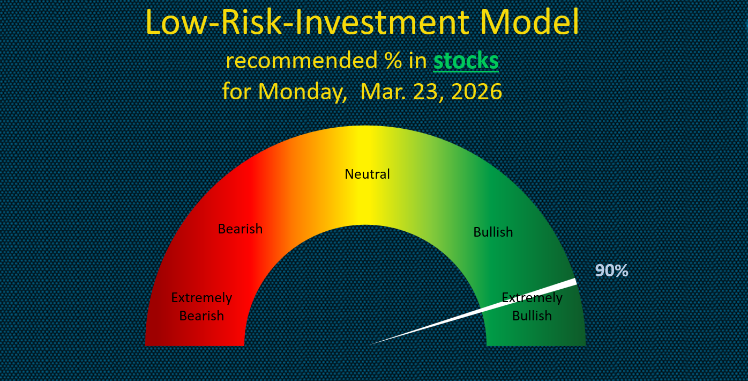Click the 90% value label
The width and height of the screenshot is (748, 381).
pyautogui.click(x=611, y=270)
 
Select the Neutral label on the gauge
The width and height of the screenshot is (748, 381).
pyautogui.click(x=367, y=174)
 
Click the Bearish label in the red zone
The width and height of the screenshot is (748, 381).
pyautogui.click(x=240, y=229)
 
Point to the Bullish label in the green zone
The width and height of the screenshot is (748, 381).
pyautogui.click(x=493, y=232)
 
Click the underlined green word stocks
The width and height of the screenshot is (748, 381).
pyautogui.click(x=466, y=61)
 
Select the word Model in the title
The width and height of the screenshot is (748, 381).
pyautogui.click(x=529, y=22)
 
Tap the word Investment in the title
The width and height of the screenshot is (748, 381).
pyautogui.click(x=383, y=22)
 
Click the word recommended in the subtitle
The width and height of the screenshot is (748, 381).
pyautogui.click(x=302, y=61)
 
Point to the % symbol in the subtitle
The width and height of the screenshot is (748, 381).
pyautogui.click(x=393, y=61)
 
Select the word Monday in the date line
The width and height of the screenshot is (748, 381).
pyautogui.click(x=303, y=91)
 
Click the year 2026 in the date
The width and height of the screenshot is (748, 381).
pyautogui.click(x=476, y=91)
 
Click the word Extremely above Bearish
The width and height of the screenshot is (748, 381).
pyautogui.click(x=201, y=298)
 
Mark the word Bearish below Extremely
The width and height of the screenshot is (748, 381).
pyautogui.click(x=201, y=316)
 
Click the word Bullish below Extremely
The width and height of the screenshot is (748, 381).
pyautogui.click(x=532, y=316)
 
